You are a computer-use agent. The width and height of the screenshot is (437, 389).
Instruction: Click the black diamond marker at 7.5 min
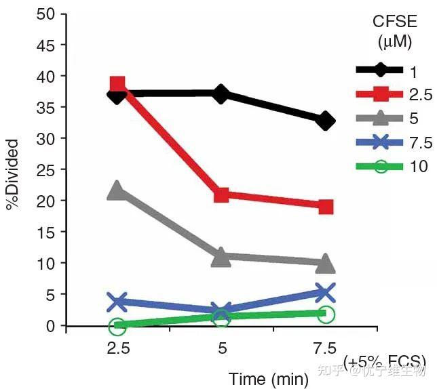coord(326,121)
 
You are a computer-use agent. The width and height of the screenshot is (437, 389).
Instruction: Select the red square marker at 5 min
coord(221,195)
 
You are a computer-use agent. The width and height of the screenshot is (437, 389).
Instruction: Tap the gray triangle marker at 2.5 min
coord(117,190)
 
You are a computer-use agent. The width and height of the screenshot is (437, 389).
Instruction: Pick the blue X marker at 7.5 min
coord(326,293)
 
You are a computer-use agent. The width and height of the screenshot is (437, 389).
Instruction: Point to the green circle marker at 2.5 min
coord(117,326)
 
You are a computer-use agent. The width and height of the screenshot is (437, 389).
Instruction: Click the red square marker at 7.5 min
coord(326,207)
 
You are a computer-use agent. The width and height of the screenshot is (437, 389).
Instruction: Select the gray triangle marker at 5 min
coord(221,257)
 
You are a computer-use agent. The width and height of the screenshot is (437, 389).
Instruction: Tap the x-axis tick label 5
coord(221,348)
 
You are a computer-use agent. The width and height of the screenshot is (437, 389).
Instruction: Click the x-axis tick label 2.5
coord(117,348)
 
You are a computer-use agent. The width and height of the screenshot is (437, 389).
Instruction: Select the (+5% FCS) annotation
coord(385,361)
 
